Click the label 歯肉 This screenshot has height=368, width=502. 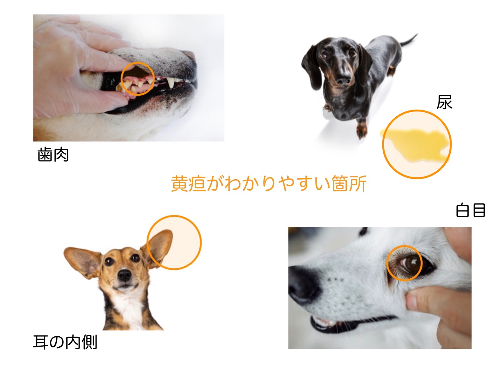pyautogui.click(x=53, y=155)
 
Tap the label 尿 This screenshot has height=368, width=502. pyautogui.click(x=444, y=102)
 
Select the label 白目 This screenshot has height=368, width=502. pyautogui.click(x=471, y=210)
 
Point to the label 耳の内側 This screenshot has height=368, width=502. pyautogui.click(x=65, y=342)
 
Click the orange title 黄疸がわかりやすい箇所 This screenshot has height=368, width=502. pyautogui.click(x=269, y=184)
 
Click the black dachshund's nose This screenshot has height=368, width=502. pyautogui.click(x=344, y=81)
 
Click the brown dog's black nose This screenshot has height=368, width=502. pyautogui.click(x=125, y=275)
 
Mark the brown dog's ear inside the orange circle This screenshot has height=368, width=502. pyautogui.click(x=158, y=247)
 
